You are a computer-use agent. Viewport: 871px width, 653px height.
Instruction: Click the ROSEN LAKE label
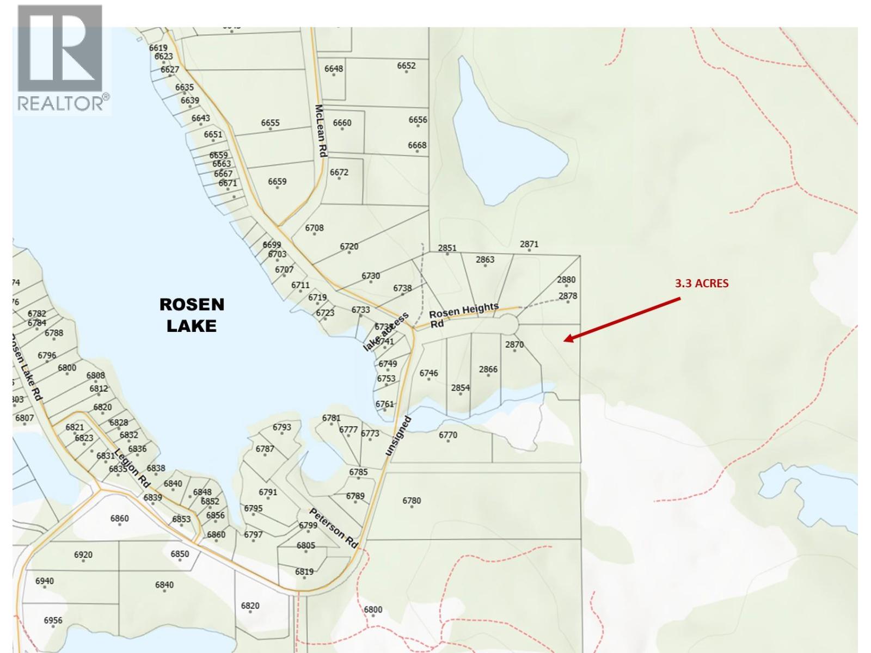192,315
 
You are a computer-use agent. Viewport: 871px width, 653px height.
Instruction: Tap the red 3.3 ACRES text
701,284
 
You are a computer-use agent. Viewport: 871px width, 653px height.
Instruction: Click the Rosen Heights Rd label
463,315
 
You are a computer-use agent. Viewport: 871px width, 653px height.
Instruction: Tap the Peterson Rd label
334,527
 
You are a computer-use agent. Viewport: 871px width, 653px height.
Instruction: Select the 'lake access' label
386,332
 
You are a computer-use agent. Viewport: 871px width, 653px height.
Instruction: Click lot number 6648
334,69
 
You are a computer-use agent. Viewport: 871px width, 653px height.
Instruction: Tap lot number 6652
406,66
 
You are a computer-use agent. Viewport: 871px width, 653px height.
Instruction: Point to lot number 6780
412,501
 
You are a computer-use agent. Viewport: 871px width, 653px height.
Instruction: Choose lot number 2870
514,344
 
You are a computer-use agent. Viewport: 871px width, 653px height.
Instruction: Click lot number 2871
529,244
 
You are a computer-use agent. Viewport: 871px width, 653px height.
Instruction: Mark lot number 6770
448,435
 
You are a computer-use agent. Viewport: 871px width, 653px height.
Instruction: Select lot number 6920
83,555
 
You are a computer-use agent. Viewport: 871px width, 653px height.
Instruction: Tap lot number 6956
53,620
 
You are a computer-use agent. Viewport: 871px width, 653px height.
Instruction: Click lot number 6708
314,228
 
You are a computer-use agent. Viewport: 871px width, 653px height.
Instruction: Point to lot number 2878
568,296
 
